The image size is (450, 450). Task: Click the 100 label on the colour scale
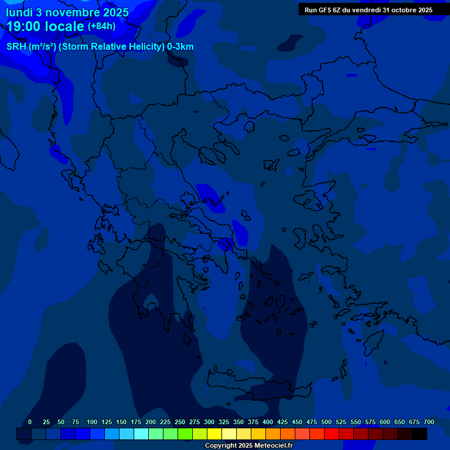pos(92,422)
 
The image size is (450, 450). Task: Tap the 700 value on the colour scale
pos(428,422)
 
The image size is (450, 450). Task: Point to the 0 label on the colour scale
pos(30,422)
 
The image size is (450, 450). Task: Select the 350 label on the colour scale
pos(238,422)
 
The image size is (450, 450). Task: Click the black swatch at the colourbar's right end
pos(420,434)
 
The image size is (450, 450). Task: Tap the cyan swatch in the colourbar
pos(141,434)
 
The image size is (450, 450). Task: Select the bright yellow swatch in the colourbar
pos(214,434)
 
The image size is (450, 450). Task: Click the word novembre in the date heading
pos(73,12)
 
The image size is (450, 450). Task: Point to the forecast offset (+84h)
pos(101,26)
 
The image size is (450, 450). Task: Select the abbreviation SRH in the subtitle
pos(16,47)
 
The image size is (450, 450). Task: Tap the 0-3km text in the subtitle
pos(180,47)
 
